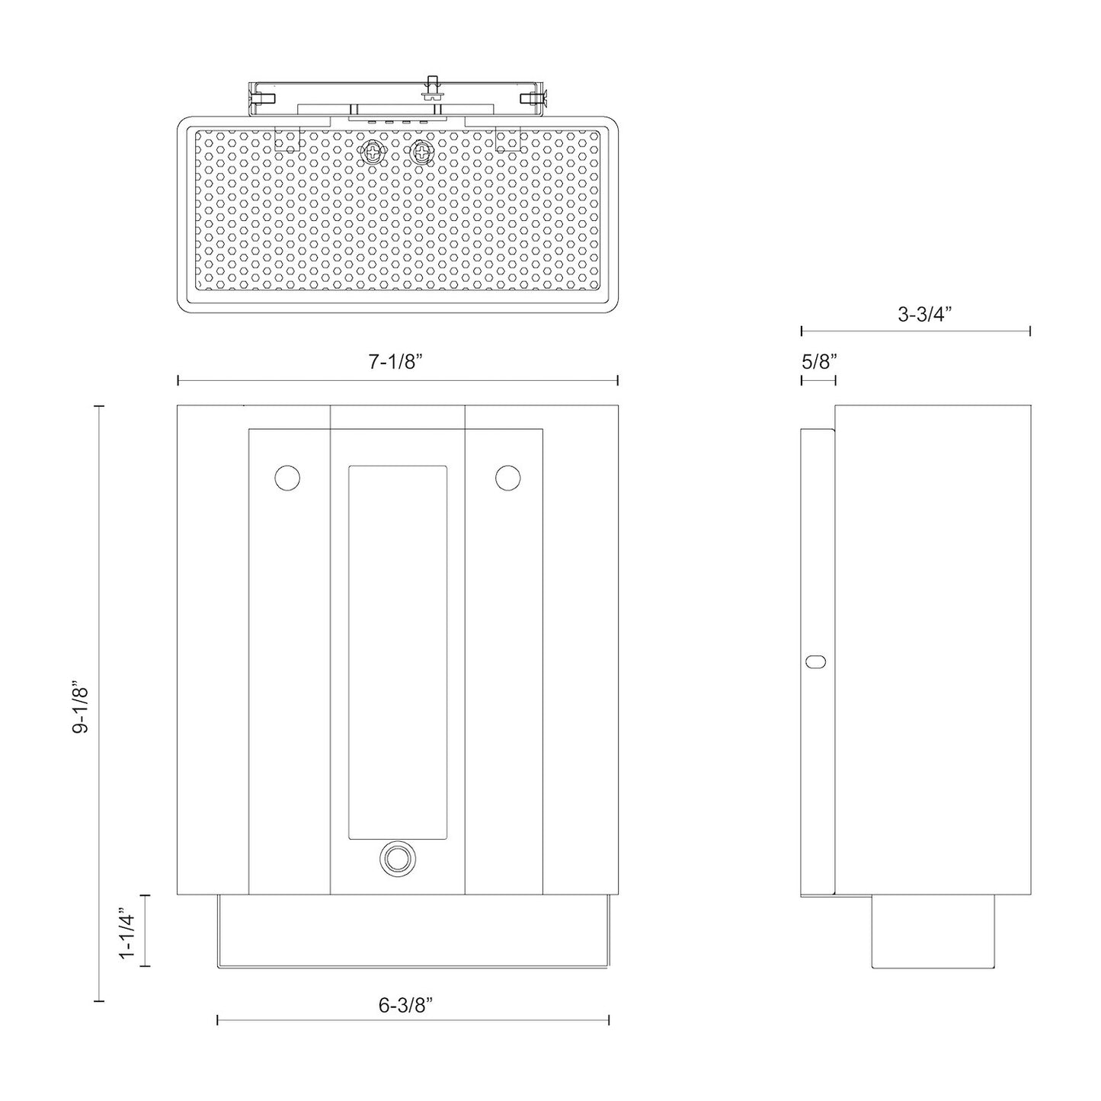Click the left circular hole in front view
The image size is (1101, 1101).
pyautogui.click(x=287, y=478)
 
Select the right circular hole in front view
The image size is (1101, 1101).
pyautogui.click(x=507, y=478)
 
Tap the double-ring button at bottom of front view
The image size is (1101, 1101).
pyautogui.click(x=397, y=859)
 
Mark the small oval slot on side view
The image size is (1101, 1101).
pyautogui.click(x=815, y=661)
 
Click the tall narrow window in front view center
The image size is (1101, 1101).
pyautogui.click(x=397, y=652)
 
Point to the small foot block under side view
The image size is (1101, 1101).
pyautogui.click(x=933, y=931)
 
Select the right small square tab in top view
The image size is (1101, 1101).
pyautogui.click(x=507, y=140)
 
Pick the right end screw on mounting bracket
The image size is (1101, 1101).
pyautogui.click(x=533, y=98)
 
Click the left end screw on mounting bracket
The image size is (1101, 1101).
pyautogui.click(x=262, y=98)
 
